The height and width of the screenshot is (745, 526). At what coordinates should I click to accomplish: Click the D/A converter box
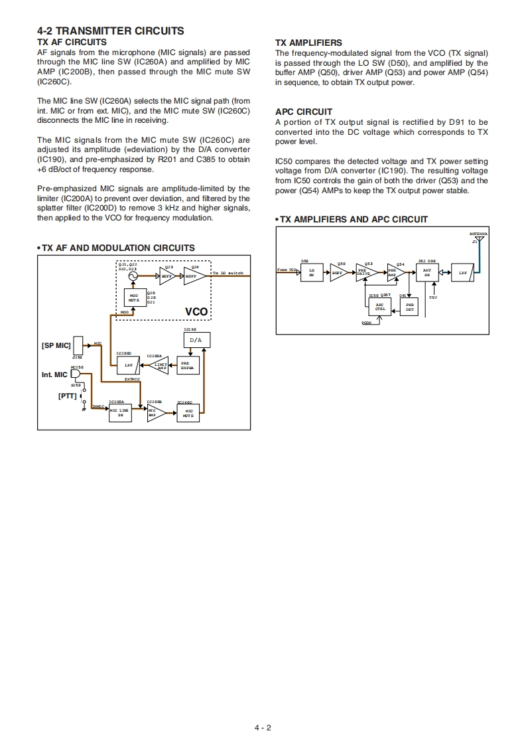pyautogui.click(x=196, y=340)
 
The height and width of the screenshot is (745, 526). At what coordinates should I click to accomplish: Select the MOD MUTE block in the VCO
pyautogui.click(x=134, y=297)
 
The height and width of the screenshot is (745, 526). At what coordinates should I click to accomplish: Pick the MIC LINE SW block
pyautogui.click(x=119, y=412)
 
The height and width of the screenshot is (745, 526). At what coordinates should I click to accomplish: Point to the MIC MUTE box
pyautogui.click(x=188, y=412)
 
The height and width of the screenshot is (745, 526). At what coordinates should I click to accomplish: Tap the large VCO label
pyautogui.click(x=196, y=311)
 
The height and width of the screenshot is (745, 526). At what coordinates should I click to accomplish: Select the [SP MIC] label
pyautogui.click(x=55, y=346)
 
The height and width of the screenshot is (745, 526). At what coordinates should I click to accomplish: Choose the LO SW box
pyautogui.click(x=311, y=272)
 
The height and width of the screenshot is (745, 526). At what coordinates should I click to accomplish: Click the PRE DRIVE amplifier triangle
pyautogui.click(x=364, y=272)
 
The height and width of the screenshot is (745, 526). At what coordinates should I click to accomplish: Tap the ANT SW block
pyautogui.click(x=427, y=272)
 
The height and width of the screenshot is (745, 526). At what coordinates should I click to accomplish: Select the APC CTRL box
pyautogui.click(x=379, y=306)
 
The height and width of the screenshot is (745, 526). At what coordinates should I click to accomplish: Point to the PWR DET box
pyautogui.click(x=409, y=306)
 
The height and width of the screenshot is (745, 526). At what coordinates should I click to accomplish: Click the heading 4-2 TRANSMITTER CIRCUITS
pyautogui.click(x=111, y=31)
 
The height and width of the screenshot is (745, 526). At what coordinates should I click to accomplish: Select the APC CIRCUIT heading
pyautogui.click(x=304, y=112)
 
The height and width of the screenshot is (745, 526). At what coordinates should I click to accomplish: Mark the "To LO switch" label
pyautogui.click(x=228, y=274)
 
